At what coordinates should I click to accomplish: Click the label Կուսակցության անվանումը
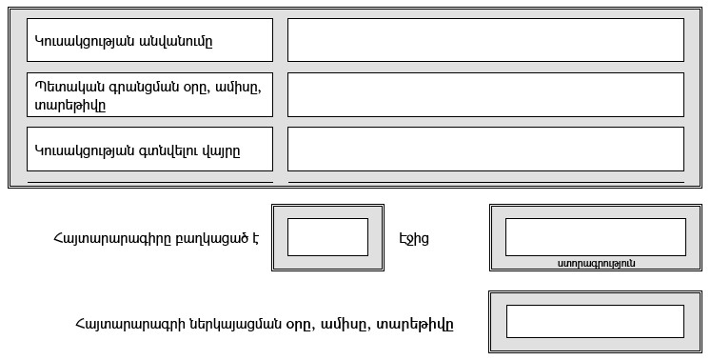124,41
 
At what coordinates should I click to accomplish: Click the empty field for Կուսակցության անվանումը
485,40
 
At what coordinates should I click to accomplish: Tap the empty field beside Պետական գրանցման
485,94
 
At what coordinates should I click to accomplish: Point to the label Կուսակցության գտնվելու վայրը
137,150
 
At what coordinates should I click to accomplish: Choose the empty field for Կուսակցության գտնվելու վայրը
485,149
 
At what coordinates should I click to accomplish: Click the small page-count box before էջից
327,237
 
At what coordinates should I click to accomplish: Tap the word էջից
415,238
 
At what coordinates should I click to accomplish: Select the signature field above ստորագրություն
595,237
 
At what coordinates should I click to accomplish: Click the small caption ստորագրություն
596,263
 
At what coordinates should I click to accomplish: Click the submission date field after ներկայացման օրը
595,322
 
